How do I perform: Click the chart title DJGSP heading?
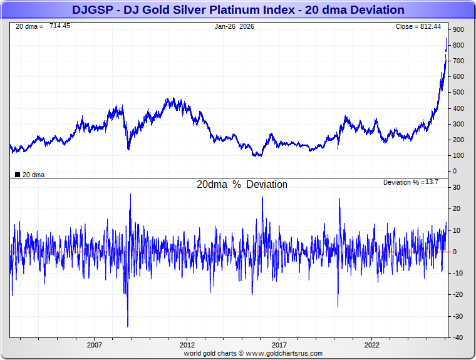(238, 10)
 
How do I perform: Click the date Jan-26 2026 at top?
(234, 27)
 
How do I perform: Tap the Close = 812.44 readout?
(418, 27)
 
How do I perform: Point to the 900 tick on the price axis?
(458, 30)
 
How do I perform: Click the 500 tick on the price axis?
(458, 93)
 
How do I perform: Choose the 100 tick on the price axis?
(458, 155)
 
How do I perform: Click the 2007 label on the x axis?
(95, 345)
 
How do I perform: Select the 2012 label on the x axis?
(187, 345)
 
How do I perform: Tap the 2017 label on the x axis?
(279, 345)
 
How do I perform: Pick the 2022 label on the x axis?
(372, 345)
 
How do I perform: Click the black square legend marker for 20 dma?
(18, 175)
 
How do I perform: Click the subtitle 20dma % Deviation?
(242, 185)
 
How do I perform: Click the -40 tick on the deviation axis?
(458, 337)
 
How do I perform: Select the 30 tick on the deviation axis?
(457, 188)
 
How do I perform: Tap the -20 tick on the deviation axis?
(458, 295)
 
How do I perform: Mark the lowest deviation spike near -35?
(128, 326)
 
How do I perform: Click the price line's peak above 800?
(446, 38)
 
